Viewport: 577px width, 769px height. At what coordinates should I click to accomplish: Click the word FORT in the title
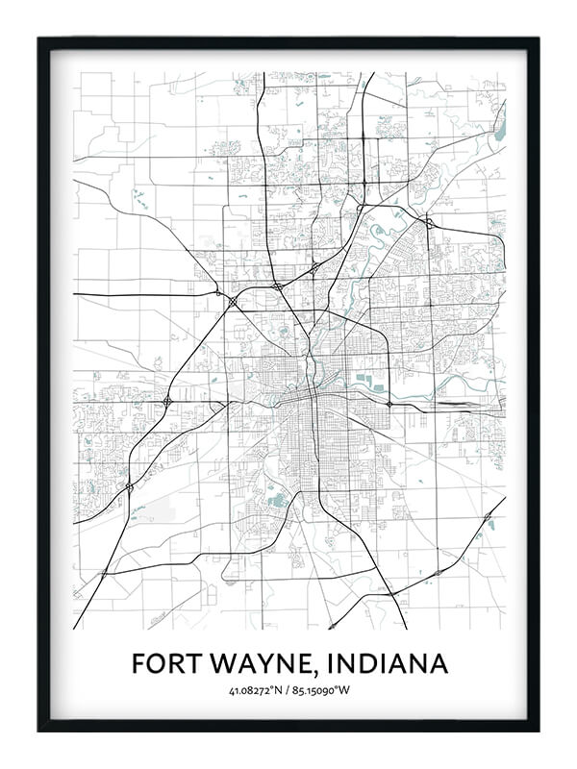point(164,663)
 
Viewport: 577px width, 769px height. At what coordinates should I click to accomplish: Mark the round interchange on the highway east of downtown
point(388,404)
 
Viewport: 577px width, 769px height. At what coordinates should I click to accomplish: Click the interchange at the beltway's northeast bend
point(429,222)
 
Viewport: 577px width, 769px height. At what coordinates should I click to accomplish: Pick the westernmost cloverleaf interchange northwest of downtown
point(167,401)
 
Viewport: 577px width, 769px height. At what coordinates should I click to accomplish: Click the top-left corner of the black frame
point(39,39)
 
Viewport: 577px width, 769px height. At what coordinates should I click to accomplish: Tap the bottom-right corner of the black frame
point(538,730)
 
